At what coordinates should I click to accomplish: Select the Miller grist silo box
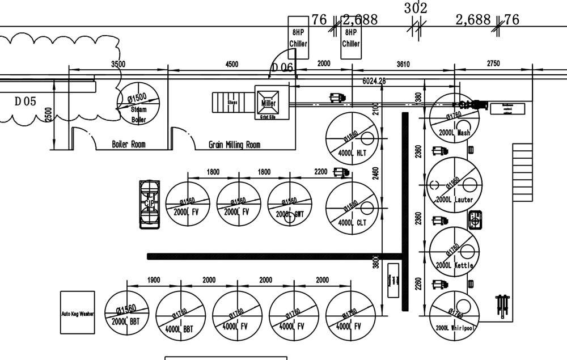(269, 103)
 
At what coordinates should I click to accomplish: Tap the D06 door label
(282, 67)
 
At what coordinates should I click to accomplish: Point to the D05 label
(25, 101)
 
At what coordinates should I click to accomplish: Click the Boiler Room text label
(128, 145)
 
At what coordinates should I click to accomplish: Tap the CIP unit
(150, 204)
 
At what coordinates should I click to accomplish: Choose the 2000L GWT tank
(290, 204)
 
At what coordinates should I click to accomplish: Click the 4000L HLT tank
(352, 138)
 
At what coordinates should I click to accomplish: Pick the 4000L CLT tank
(352, 207)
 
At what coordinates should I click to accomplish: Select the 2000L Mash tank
(454, 118)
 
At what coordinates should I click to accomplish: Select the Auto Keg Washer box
(78, 313)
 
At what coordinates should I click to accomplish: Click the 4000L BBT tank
(180, 315)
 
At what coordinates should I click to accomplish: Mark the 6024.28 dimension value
(374, 81)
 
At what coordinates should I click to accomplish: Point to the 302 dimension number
(415, 9)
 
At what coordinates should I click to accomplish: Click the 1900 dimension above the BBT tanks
(154, 280)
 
